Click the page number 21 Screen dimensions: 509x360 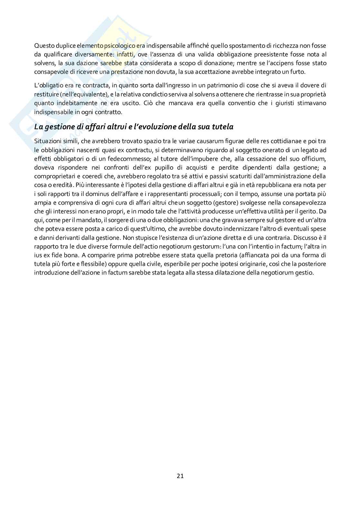pos(180,475)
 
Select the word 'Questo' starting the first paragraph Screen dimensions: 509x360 pos(44,45)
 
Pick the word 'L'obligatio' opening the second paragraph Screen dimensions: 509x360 pos(48,85)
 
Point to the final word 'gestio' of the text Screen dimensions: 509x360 pos(305,272)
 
